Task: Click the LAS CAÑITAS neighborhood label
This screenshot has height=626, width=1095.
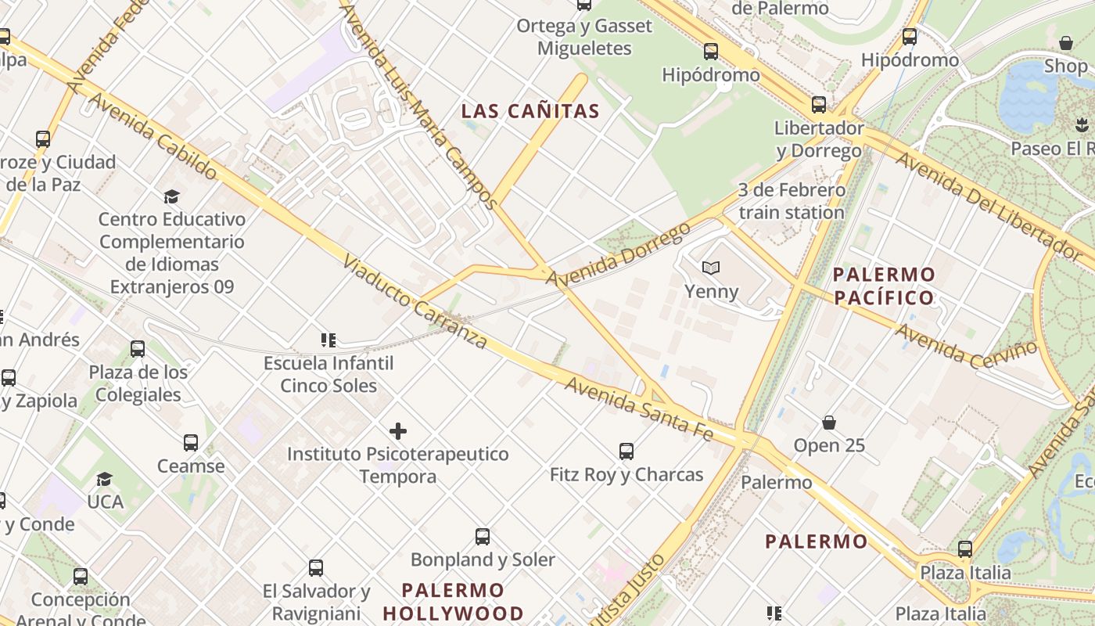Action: click(530, 111)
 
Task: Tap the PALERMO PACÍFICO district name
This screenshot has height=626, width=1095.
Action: click(884, 286)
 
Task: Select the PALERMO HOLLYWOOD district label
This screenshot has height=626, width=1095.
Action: click(453, 601)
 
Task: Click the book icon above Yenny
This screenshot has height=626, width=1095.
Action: click(710, 268)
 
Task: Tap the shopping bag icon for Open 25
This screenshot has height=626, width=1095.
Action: click(829, 423)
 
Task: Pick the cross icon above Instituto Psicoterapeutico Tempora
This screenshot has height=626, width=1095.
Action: click(398, 431)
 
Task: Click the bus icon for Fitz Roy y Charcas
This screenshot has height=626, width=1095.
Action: click(626, 452)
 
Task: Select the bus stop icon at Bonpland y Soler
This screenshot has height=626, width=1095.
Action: click(483, 537)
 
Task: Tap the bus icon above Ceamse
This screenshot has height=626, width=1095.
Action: click(191, 443)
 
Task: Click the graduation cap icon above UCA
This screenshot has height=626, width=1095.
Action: click(104, 479)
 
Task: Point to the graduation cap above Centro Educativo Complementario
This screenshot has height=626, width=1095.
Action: click(171, 196)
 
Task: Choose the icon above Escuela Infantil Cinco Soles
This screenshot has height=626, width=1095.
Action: click(328, 340)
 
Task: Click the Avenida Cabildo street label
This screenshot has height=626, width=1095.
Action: click(152, 136)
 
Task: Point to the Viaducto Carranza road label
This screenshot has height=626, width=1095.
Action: click(415, 300)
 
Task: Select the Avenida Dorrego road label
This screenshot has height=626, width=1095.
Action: click(618, 254)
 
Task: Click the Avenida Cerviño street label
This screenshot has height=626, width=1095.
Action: click(966, 347)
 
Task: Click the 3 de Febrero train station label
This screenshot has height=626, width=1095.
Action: click(791, 201)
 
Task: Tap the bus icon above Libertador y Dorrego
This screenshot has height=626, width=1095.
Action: click(818, 105)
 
